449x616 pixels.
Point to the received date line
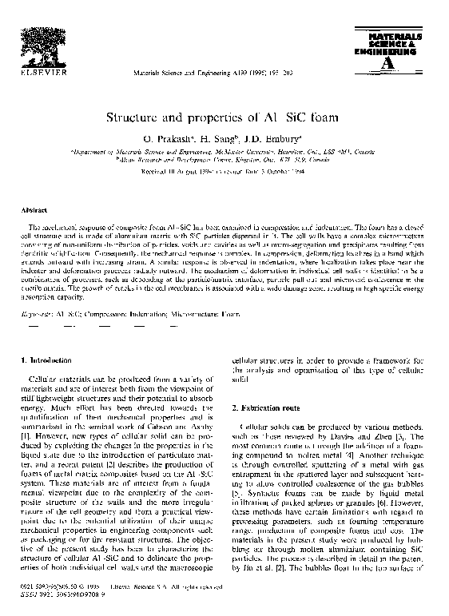pyautogui.click(x=224, y=170)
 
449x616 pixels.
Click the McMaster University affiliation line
pyautogui.click(x=224, y=151)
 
